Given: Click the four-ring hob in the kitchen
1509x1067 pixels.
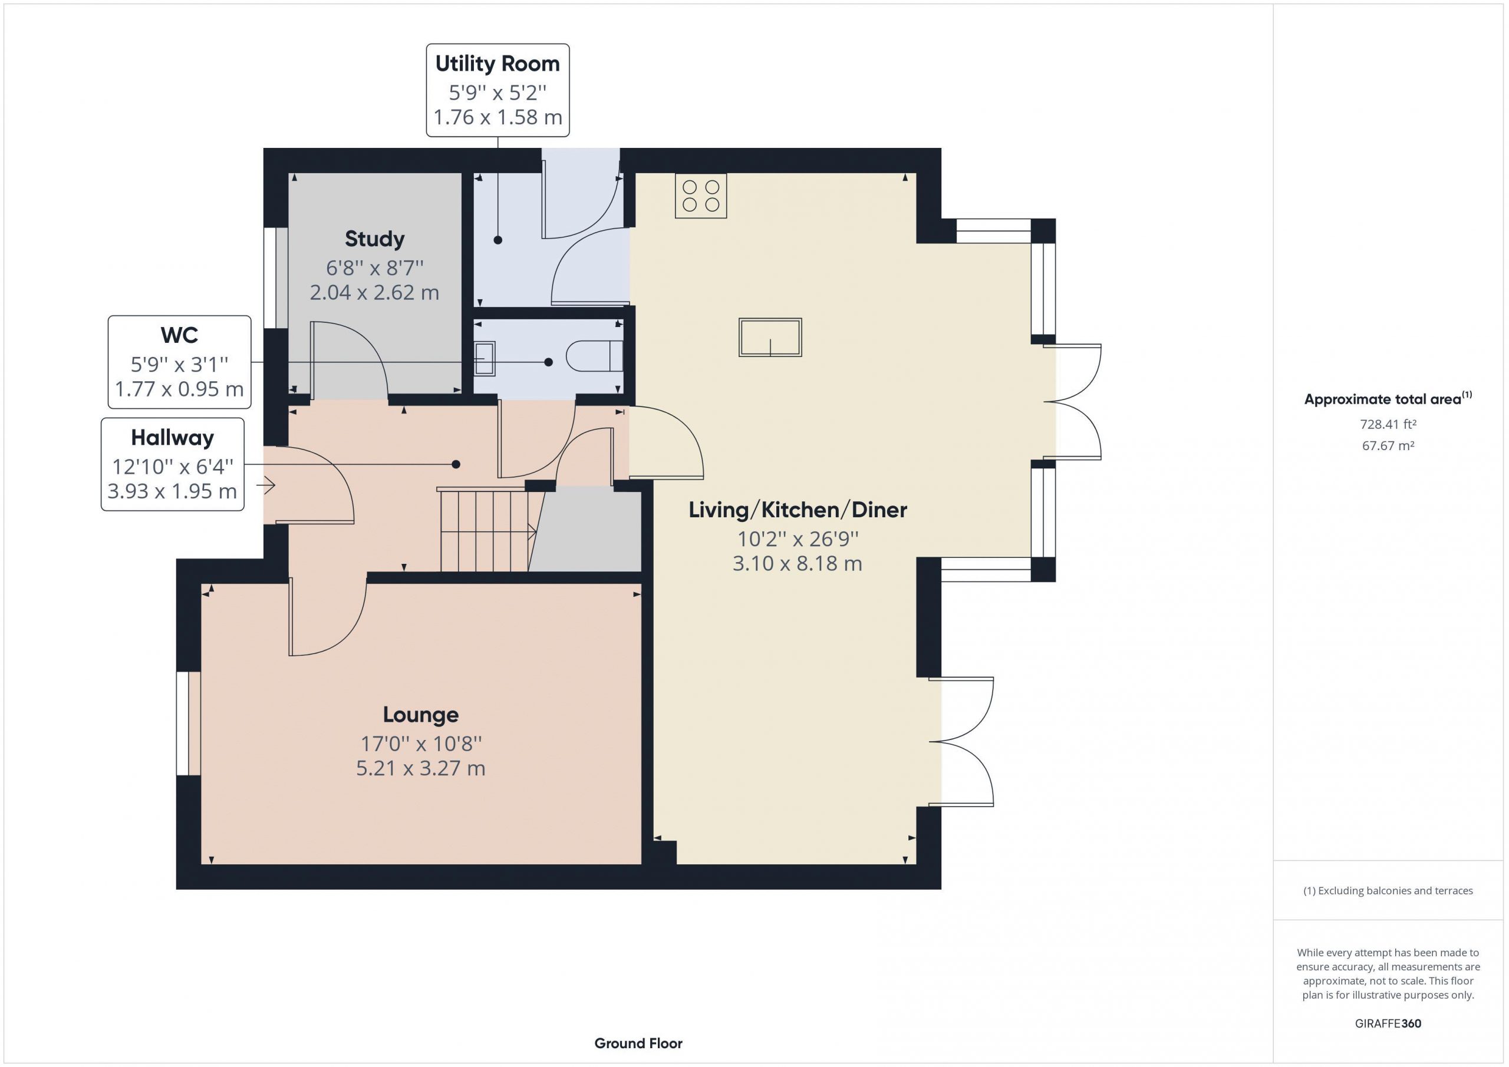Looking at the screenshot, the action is point(701,196).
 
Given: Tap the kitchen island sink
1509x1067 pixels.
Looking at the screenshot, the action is point(770,337).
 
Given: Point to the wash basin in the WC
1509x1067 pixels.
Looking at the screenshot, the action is point(485,358).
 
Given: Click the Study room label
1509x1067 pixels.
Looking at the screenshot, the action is point(375,239).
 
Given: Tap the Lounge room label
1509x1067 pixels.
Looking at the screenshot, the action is point(421,714).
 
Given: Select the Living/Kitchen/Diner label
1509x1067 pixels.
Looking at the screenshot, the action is point(798,510).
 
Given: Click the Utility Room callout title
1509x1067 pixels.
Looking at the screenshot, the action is point(497,64).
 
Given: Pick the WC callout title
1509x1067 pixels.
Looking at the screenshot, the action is point(179,335).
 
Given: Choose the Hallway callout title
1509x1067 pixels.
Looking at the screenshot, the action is point(172,438).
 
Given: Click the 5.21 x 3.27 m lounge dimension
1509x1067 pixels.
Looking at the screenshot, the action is point(421,768).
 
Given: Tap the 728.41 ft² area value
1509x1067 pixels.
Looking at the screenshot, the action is point(1388,424).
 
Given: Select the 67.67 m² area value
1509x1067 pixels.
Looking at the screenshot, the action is point(1388,445).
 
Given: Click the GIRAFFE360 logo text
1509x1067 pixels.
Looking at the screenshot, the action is point(1388,1023).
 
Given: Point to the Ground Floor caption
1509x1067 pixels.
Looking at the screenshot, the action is point(638,1043).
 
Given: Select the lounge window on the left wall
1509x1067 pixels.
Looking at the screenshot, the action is point(189,724).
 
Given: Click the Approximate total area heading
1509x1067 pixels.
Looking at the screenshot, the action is point(1388,399).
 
